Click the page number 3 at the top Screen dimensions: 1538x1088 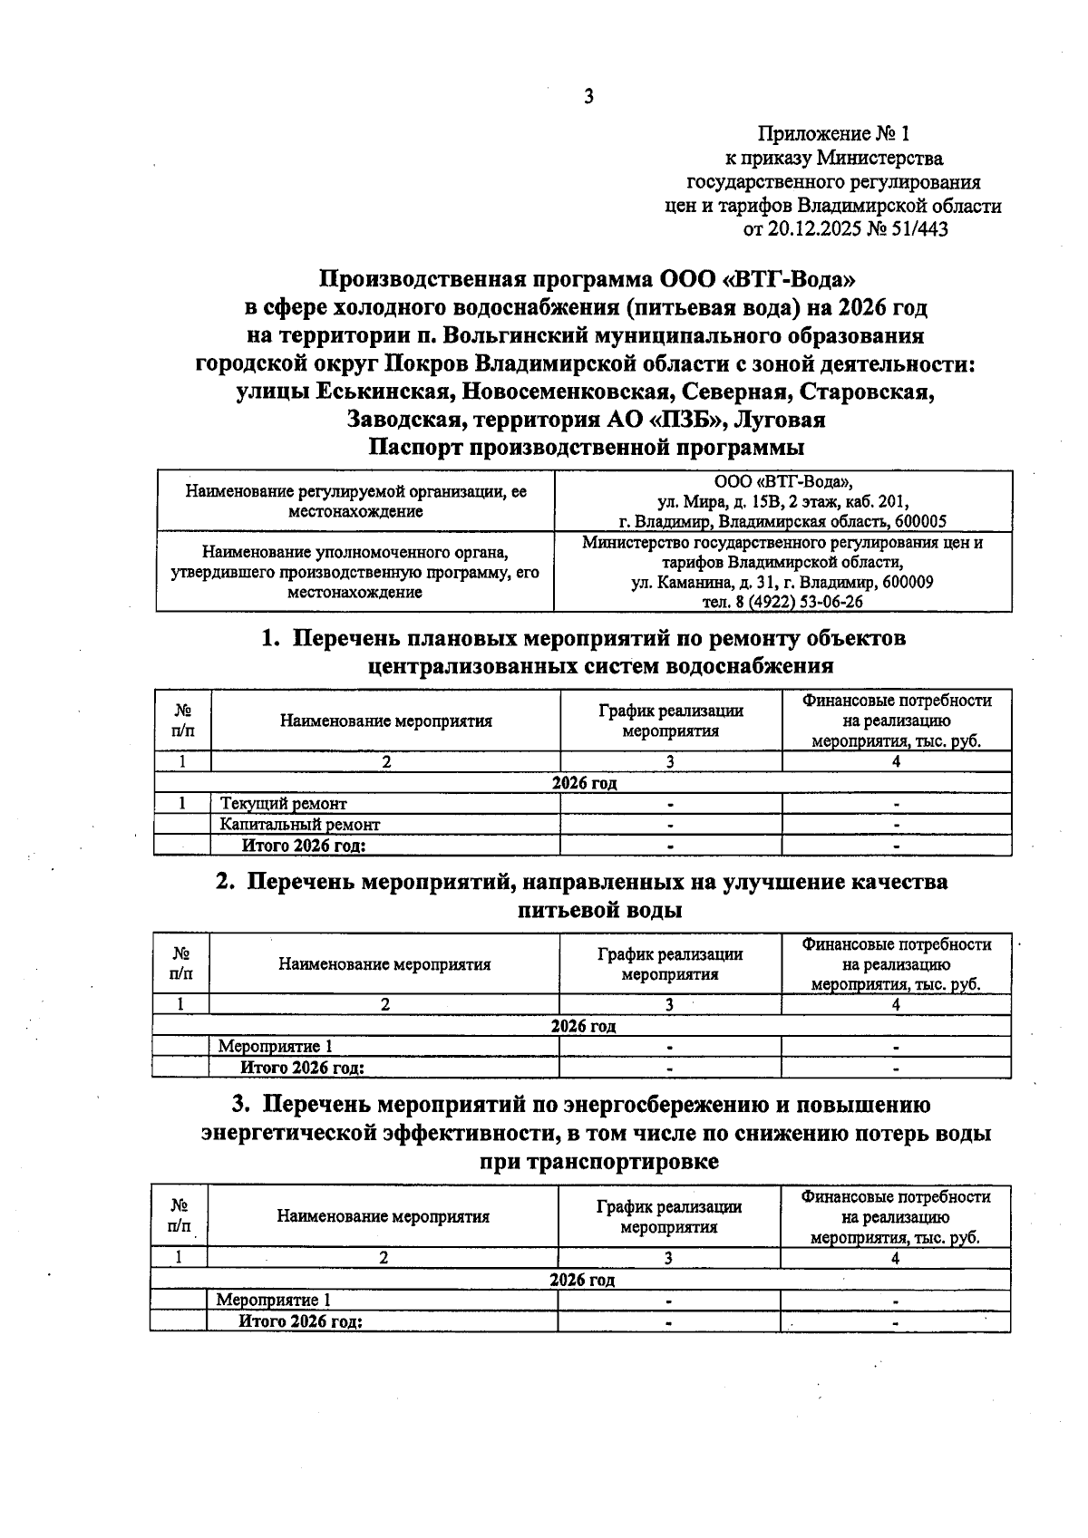pyautogui.click(x=588, y=96)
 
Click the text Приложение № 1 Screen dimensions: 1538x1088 pyautogui.click(x=833, y=134)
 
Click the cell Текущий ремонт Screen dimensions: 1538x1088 pyautogui.click(x=284, y=803)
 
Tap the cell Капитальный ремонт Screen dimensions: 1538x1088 pyautogui.click(x=300, y=825)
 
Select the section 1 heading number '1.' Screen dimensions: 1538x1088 pyautogui.click(x=269, y=638)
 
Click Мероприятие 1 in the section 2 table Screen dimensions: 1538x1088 pyautogui.click(x=268, y=1047)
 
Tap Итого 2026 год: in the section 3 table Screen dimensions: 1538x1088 pyautogui.click(x=301, y=1321)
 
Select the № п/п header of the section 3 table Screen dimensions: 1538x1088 pyautogui.click(x=179, y=1216)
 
